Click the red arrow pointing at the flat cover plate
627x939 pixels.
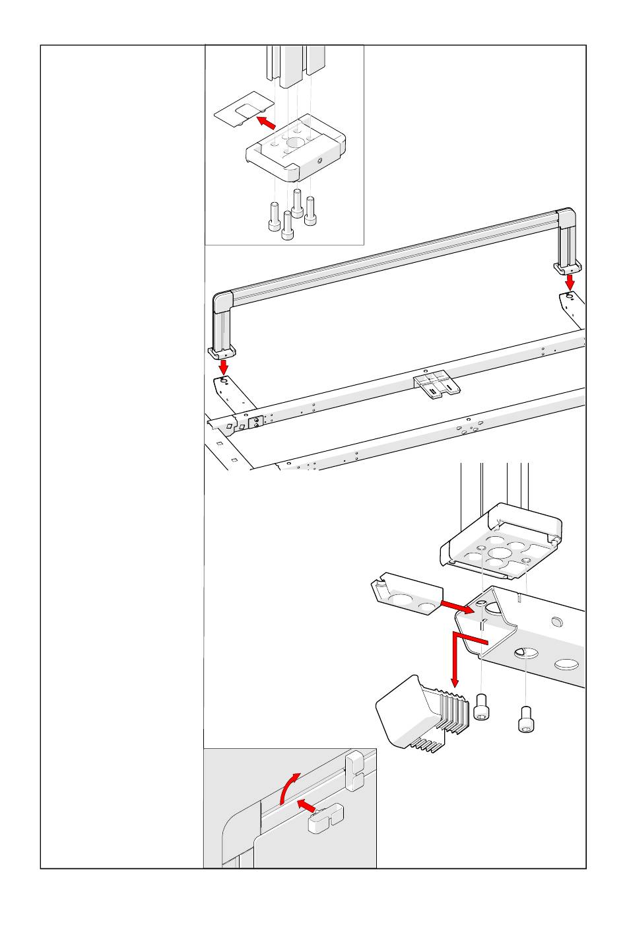tap(265, 122)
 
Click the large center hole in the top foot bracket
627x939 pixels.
tap(294, 142)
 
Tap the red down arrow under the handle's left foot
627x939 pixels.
tap(224, 365)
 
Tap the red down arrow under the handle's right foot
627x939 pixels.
tap(570, 282)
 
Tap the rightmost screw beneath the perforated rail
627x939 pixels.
tap(526, 719)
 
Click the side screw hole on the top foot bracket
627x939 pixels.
tap(319, 161)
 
